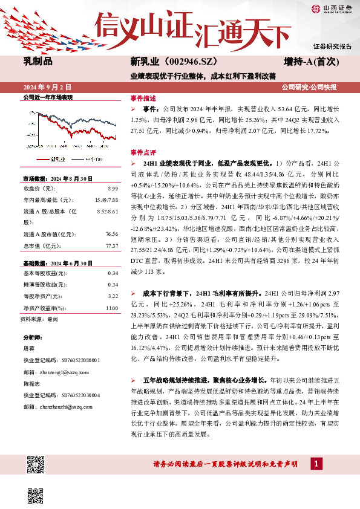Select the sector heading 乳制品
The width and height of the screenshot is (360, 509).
pos(38,61)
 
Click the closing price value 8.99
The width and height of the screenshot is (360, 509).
pos(111,189)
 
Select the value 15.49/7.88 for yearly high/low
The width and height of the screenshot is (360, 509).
pos(105,200)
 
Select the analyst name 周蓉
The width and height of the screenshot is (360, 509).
pos(28,348)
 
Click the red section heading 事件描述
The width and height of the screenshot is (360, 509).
pos(143,99)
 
